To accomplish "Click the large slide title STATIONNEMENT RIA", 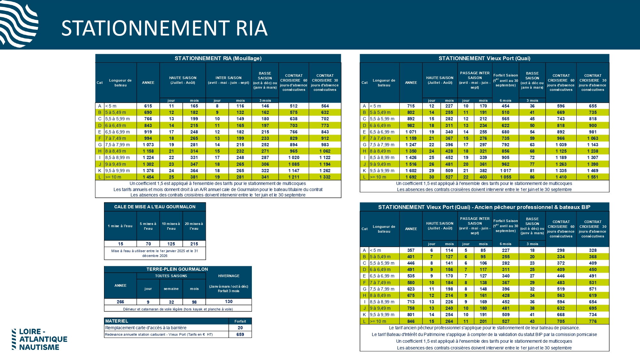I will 164,28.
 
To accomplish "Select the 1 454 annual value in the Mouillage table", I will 148,177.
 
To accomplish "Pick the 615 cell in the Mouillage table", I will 148,106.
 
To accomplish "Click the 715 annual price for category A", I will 411,106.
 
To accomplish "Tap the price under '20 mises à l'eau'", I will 194,244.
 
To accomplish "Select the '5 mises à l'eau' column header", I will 148,226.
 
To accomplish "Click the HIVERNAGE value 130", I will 228,301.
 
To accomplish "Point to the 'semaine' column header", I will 171,289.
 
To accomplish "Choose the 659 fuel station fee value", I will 240,334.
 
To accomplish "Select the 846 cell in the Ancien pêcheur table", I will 411,321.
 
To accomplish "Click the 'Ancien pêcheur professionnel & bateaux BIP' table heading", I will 484,207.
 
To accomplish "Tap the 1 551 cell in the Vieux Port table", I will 593,177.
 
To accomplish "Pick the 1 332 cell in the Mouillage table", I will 325,177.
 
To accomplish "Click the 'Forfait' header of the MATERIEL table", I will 240,321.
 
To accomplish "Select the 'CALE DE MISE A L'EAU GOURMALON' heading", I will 155,207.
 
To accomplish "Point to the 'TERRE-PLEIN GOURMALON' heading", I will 177,269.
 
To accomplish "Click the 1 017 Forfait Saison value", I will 506,171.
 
